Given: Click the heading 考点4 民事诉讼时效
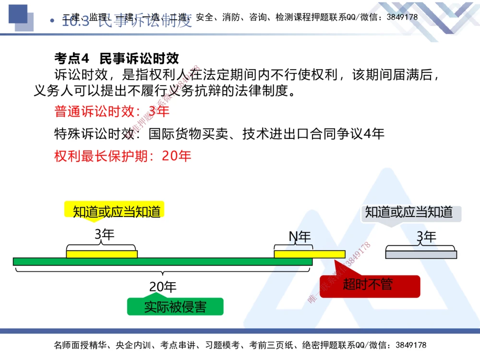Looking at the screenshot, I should [x=117, y=59].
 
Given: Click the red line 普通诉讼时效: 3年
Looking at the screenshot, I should [x=112, y=112].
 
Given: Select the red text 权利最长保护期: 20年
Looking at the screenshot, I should [x=123, y=156].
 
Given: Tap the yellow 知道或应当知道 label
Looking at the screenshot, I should [x=116, y=211].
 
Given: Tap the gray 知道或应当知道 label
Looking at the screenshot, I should [x=409, y=212].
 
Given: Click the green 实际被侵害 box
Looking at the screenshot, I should [x=175, y=307].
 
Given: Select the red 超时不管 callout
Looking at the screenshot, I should [x=368, y=285].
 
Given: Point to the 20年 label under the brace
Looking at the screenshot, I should [x=163, y=287].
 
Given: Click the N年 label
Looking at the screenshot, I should [x=300, y=237].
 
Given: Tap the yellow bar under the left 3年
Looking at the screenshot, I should [x=102, y=254].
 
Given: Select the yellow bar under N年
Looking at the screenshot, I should [x=309, y=254].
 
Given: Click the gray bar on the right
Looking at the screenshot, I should [x=421, y=254].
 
